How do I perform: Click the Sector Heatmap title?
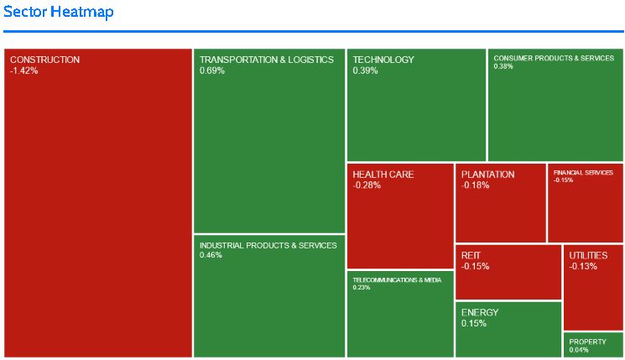click(x=59, y=13)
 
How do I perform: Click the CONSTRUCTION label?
click(x=45, y=60)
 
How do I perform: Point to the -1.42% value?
click(x=24, y=70)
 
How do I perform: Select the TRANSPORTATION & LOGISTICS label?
click(x=267, y=60)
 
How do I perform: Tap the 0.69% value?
click(x=211, y=70)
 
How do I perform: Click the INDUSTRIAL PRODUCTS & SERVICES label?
click(x=268, y=245)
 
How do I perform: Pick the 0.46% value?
click(x=211, y=255)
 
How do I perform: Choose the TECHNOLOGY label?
click(x=383, y=60)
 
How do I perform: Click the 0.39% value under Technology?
click(x=365, y=70)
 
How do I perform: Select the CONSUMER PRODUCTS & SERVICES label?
click(x=554, y=59)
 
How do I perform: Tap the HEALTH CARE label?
click(x=383, y=175)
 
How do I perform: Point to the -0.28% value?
click(x=367, y=185)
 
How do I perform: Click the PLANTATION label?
click(x=488, y=175)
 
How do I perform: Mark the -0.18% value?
click(x=475, y=185)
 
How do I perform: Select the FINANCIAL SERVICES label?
click(x=583, y=172)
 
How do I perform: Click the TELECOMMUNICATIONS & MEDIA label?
click(x=397, y=279)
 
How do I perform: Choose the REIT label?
click(x=471, y=255)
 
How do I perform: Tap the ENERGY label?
click(x=480, y=312)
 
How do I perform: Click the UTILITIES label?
click(x=589, y=255)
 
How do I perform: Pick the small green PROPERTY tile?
click(x=593, y=345)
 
